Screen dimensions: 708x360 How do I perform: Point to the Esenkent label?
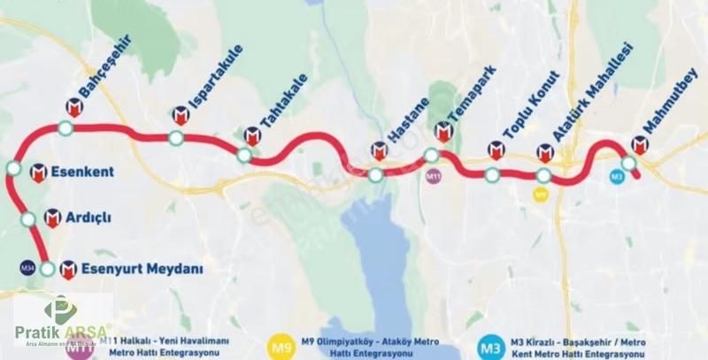pyautogui.click(x=83, y=172)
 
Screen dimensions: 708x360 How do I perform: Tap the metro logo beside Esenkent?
pyautogui.click(x=38, y=172)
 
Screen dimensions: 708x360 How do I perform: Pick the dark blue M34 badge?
pyautogui.click(x=27, y=267)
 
